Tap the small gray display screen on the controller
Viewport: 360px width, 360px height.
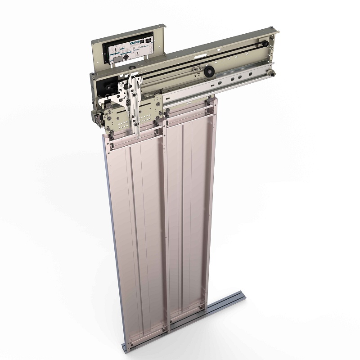(116, 58)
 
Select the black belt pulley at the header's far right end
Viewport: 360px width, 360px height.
(264, 44)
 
